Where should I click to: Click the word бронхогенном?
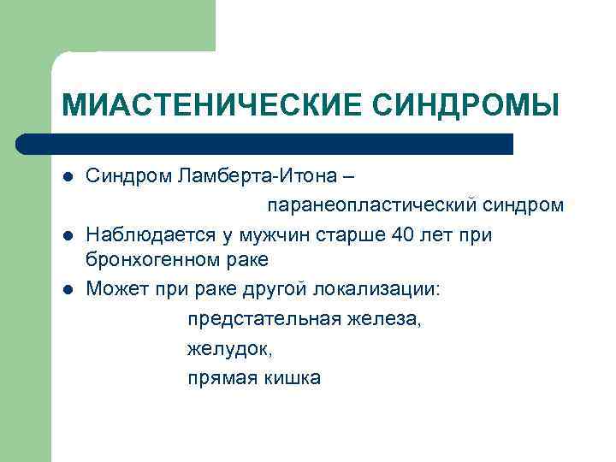click(x=146, y=260)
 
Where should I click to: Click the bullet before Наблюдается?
click(x=68, y=234)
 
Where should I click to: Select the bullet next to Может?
click(x=68, y=289)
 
